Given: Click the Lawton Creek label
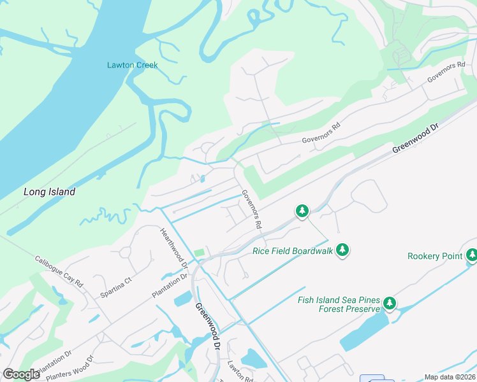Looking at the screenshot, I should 132,65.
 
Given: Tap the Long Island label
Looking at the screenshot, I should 49,192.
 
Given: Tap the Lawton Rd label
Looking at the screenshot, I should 240,372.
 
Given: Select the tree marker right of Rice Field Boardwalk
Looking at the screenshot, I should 343,250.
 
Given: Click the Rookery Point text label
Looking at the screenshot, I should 435,256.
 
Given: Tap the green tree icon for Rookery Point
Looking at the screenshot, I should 472,255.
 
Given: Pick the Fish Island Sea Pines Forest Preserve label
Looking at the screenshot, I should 338,305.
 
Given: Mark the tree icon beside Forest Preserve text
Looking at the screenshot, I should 389,304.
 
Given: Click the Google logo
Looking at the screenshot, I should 21,374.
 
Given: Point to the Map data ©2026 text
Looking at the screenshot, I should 450,377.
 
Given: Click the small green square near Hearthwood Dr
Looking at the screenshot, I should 200,253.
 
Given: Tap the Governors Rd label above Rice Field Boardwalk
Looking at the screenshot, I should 251,209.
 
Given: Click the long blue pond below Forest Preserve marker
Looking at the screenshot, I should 364,332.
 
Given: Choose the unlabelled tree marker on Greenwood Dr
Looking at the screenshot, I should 302,210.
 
